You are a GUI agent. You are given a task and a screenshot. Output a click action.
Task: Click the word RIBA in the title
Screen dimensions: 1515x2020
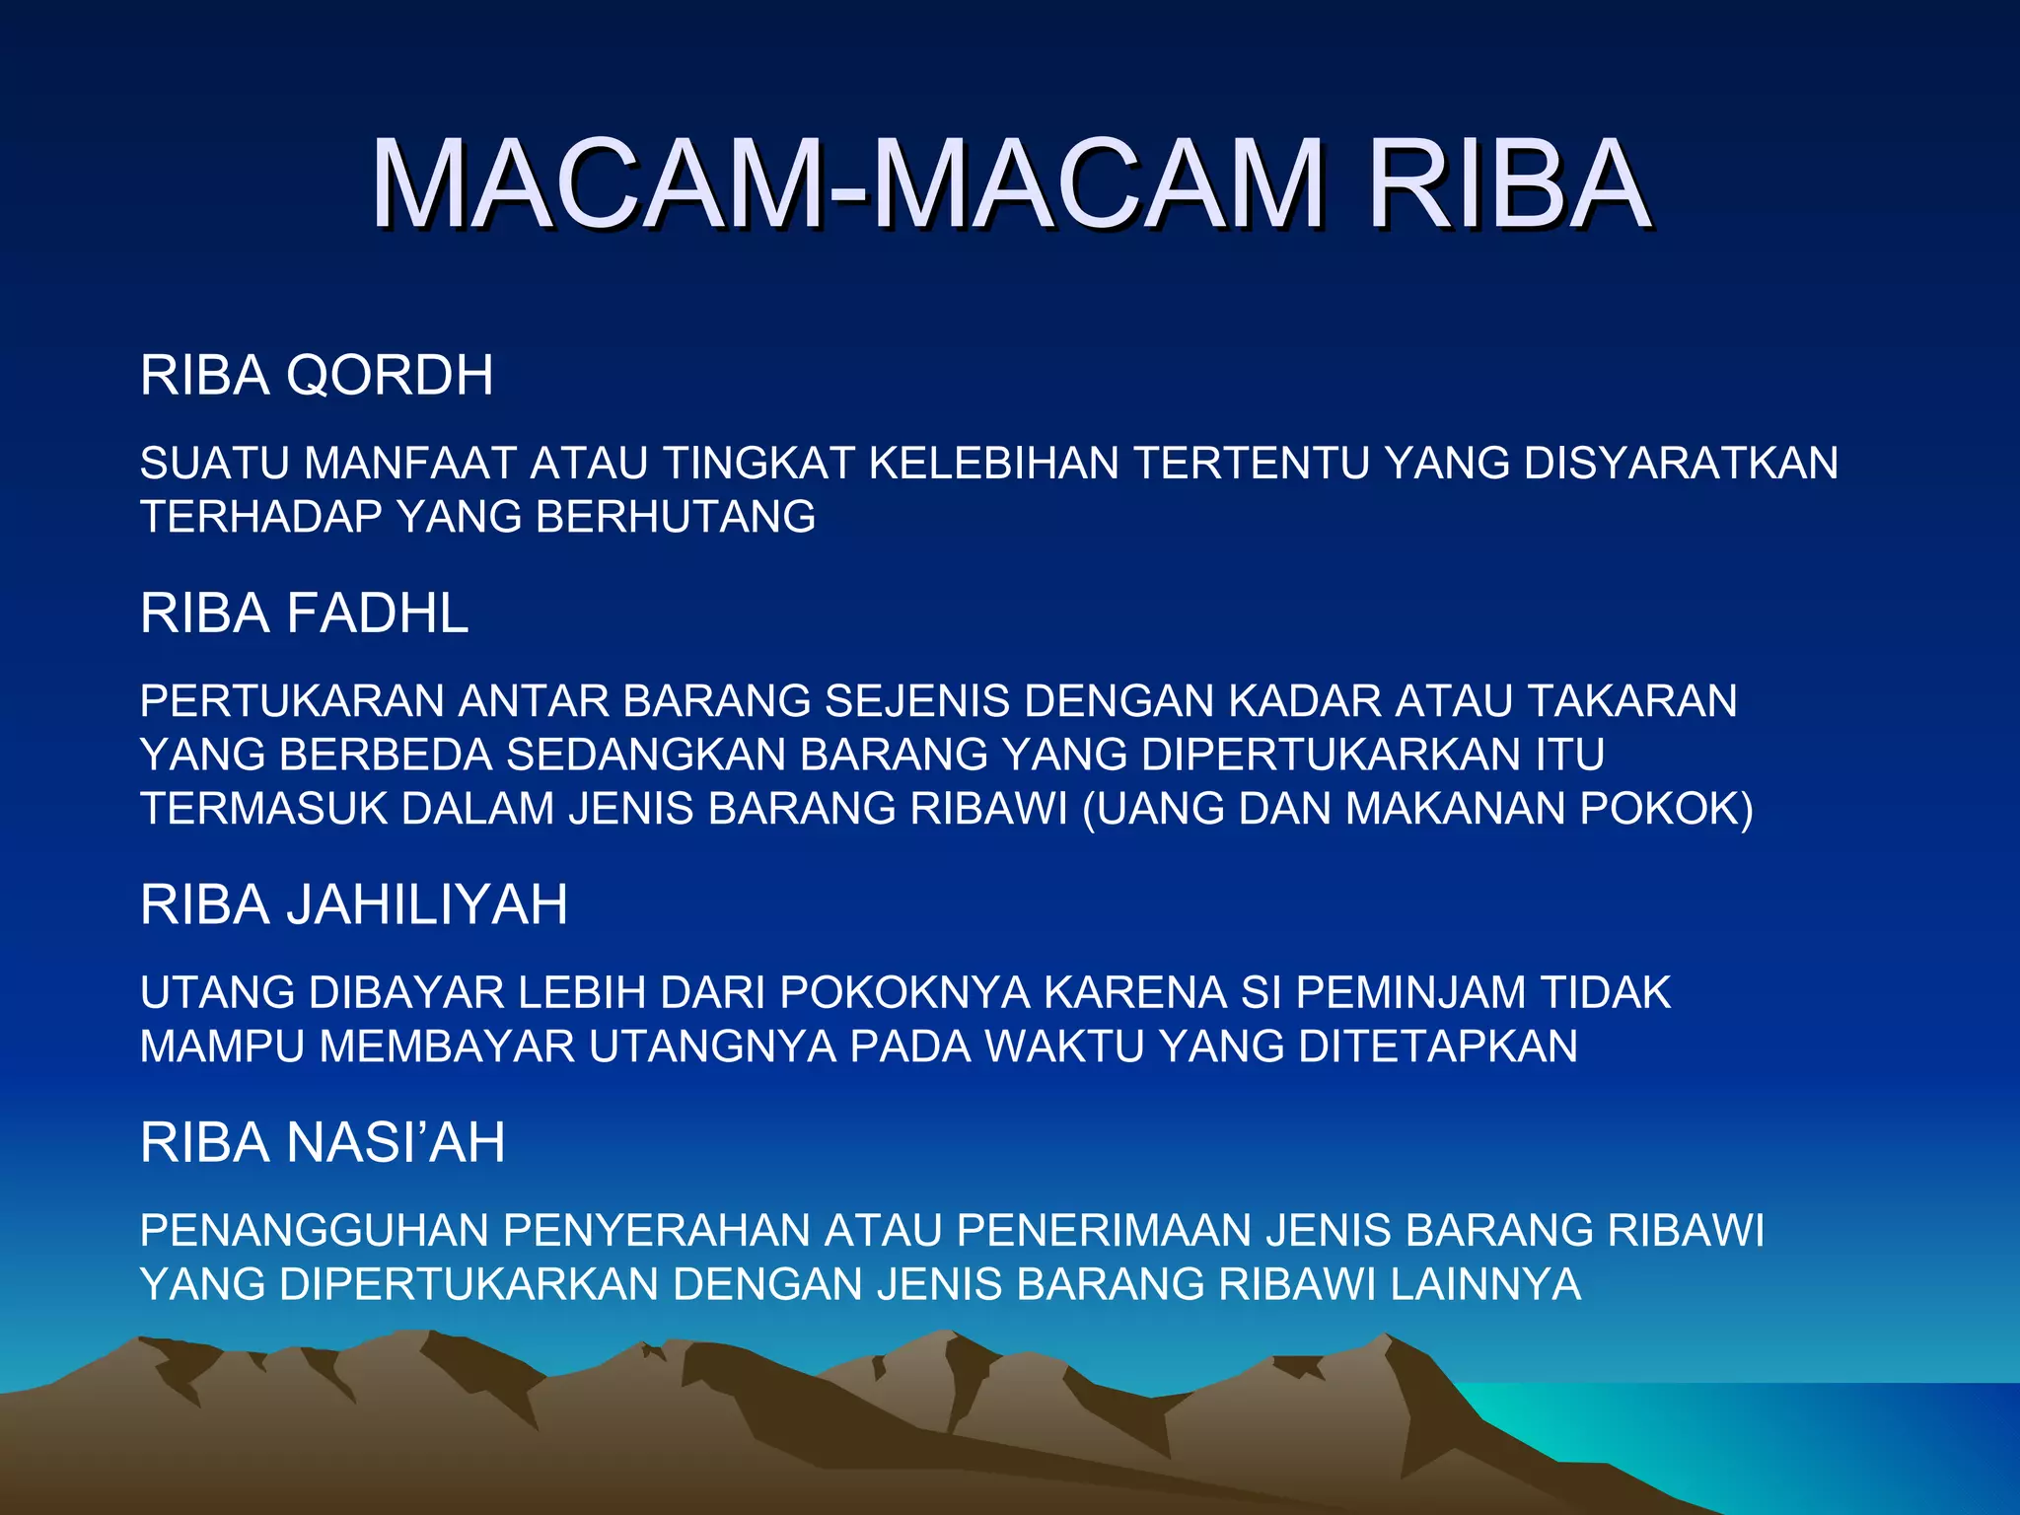(x=1509, y=184)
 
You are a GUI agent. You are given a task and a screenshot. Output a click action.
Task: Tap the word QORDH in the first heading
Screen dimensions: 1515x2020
(x=390, y=376)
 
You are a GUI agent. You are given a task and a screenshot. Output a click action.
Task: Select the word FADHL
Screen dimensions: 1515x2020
(x=377, y=613)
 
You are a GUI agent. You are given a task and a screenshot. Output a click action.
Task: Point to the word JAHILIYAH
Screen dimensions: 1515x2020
(x=426, y=905)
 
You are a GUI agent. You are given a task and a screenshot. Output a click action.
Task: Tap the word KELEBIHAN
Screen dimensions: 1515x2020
(x=993, y=464)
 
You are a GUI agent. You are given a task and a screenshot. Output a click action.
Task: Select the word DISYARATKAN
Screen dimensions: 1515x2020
(x=1681, y=464)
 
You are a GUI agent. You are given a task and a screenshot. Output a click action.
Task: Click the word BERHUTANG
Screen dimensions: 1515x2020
(x=676, y=518)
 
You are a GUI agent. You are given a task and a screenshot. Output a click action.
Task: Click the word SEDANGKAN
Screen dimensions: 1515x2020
(x=646, y=756)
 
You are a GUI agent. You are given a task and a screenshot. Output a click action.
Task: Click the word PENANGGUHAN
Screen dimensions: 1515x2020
(x=315, y=1231)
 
